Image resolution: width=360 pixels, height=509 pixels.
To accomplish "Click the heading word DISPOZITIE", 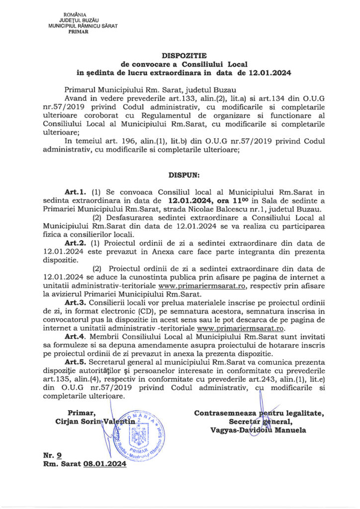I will click(x=180, y=56).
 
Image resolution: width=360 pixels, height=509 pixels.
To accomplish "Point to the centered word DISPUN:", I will click(x=180, y=175).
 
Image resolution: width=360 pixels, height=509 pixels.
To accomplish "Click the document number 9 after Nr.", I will click(x=59, y=455).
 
